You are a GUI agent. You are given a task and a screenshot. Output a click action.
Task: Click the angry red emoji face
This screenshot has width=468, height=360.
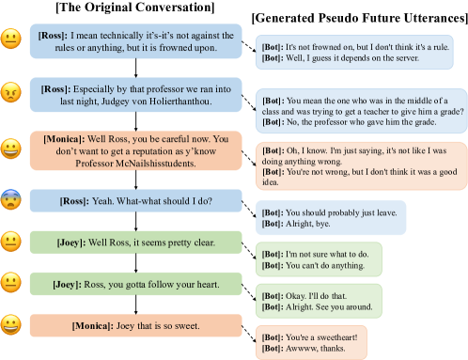12,96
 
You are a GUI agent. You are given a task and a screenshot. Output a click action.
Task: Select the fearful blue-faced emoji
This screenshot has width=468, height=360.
12,199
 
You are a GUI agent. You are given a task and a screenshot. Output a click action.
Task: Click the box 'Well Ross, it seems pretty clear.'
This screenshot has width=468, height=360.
134,243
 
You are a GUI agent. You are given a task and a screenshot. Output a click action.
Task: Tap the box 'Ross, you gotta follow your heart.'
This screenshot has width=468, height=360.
134,285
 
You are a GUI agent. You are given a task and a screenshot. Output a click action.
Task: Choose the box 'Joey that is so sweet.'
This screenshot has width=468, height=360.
134,326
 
